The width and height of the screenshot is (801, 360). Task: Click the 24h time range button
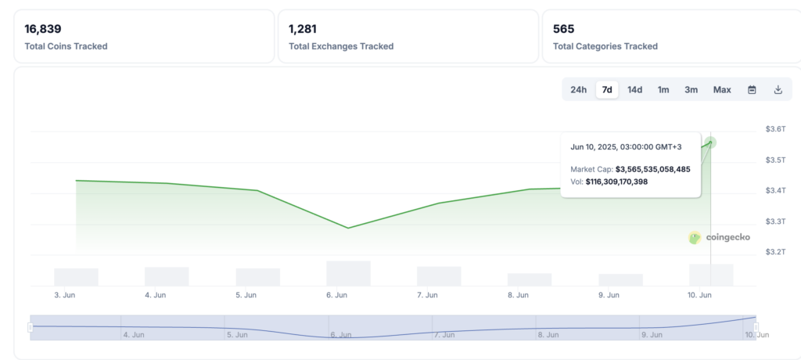coord(578,90)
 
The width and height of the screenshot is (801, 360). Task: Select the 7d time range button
coord(607,90)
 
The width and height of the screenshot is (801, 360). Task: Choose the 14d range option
coord(634,90)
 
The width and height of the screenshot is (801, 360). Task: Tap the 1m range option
coord(663,90)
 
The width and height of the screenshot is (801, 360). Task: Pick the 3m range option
coord(691,90)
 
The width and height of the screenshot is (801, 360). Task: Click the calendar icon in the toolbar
coord(752,90)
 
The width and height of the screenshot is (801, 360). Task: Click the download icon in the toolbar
coord(778,90)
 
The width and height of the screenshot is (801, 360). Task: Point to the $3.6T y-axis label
coord(775,129)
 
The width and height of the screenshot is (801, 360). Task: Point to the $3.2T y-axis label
coord(775,252)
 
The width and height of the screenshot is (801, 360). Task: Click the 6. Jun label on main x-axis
coord(336,296)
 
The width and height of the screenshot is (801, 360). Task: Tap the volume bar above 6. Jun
coord(348,273)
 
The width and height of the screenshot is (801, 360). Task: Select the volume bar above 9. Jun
coord(620,279)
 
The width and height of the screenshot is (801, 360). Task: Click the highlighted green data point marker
coord(710,142)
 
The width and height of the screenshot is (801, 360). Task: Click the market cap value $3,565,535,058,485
coord(652,169)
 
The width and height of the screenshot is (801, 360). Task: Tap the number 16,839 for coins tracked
coord(43,29)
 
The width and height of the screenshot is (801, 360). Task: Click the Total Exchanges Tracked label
coord(341,46)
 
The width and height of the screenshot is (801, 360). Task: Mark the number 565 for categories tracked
coord(563,29)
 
